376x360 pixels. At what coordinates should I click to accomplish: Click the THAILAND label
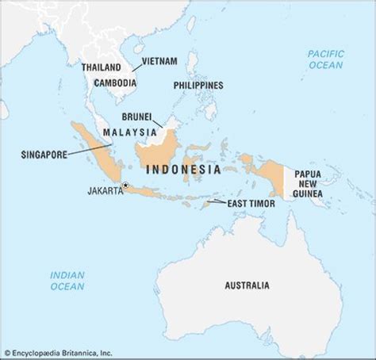(x=101, y=67)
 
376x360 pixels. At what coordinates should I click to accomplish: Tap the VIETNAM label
(x=159, y=61)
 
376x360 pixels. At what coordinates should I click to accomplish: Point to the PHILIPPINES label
(x=198, y=86)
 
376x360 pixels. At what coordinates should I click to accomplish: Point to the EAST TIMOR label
(x=252, y=203)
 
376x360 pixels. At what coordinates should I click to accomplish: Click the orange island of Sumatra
(x=94, y=146)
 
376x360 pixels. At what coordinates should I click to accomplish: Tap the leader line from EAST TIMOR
(x=217, y=203)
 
